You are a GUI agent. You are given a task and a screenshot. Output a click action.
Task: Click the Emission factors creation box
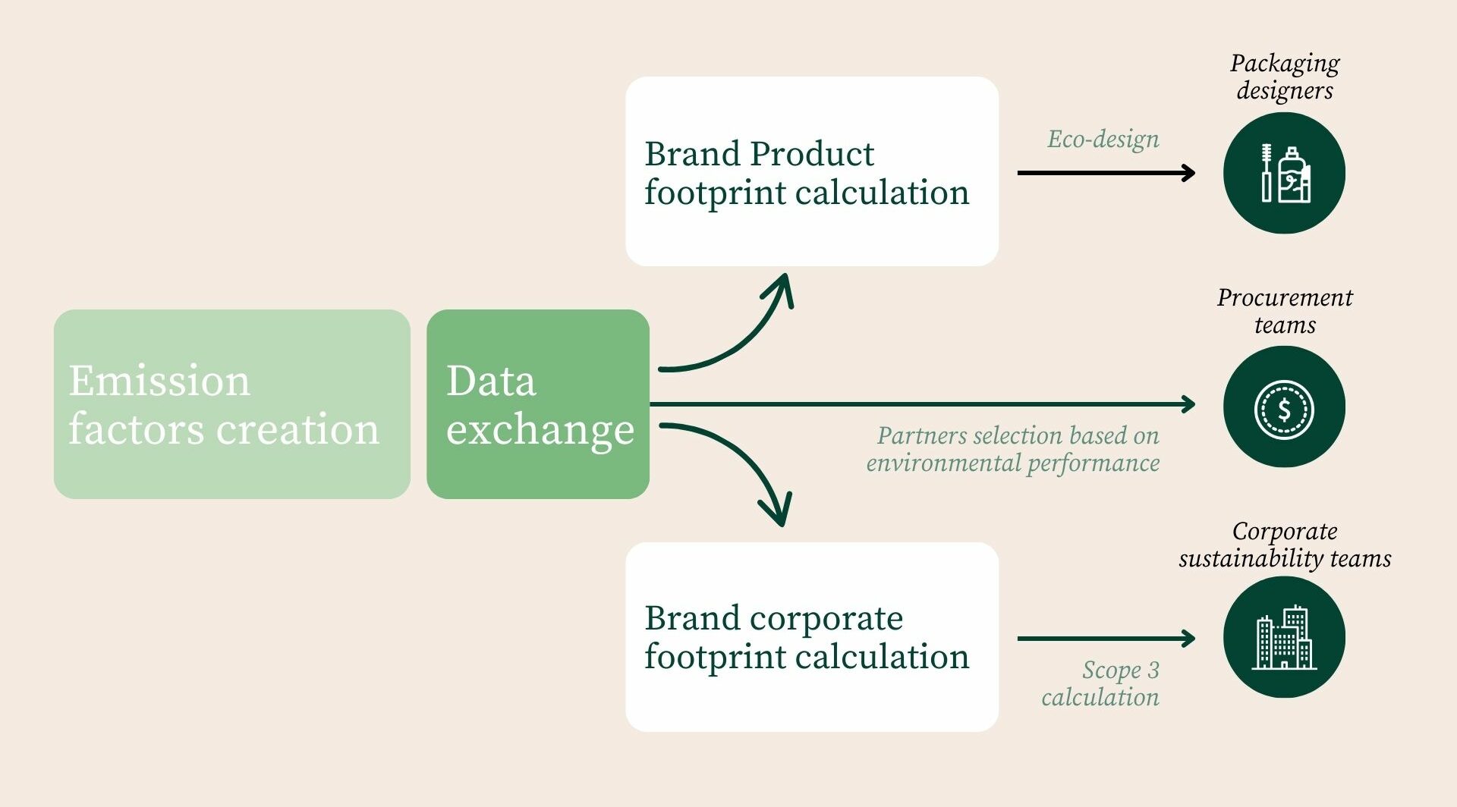pyautogui.click(x=231, y=403)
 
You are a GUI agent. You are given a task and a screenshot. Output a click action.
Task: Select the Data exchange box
pyautogui.click(x=537, y=403)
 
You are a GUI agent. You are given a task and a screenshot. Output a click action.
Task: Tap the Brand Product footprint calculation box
pyautogui.click(x=811, y=171)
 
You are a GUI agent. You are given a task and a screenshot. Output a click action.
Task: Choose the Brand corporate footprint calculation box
pyautogui.click(x=811, y=636)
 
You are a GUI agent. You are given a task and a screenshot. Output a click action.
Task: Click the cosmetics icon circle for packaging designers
pyautogui.click(x=1284, y=173)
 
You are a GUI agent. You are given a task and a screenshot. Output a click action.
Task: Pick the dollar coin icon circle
pyautogui.click(x=1284, y=407)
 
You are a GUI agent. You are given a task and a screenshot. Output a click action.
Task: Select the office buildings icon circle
pyautogui.click(x=1284, y=637)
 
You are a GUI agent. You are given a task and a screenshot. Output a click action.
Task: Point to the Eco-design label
pyautogui.click(x=1103, y=140)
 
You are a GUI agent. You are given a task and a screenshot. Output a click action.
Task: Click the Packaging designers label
pyautogui.click(x=1284, y=77)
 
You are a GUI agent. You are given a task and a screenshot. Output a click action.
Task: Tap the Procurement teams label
pyautogui.click(x=1284, y=311)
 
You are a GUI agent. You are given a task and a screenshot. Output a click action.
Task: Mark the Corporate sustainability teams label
pyautogui.click(x=1284, y=545)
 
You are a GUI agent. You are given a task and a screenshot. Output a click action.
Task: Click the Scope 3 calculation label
pyautogui.click(x=1101, y=683)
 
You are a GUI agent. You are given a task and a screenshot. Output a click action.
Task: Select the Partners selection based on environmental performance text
pyautogui.click(x=1013, y=449)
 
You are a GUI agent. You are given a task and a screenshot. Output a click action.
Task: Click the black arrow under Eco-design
pyautogui.click(x=1106, y=173)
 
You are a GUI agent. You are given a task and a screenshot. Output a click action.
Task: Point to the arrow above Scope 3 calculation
pyautogui.click(x=1106, y=639)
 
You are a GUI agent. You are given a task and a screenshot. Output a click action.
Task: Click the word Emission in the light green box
pyautogui.click(x=159, y=380)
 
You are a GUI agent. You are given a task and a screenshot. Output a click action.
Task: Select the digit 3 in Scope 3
pyautogui.click(x=1153, y=670)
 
